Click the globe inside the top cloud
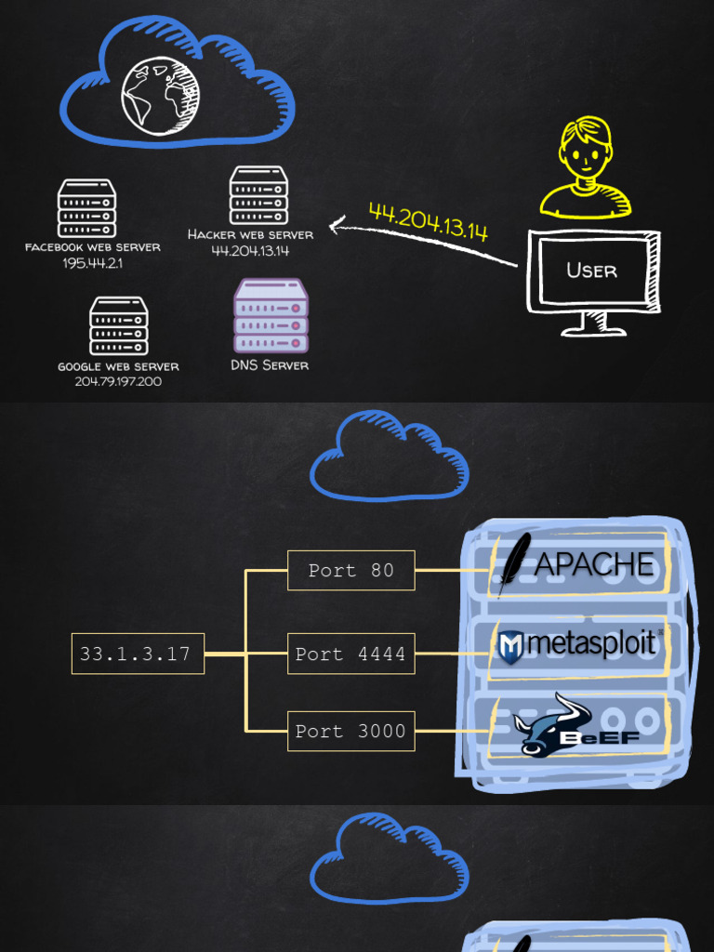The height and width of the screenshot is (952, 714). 159,96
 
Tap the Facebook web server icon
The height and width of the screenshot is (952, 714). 86,208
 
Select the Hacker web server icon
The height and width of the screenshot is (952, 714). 258,195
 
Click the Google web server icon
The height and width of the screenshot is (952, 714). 118,325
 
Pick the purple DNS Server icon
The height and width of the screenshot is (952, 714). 271,316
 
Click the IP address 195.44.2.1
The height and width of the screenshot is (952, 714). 93,264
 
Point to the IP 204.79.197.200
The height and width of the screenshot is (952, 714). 118,382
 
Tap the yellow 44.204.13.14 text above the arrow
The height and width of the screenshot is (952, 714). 429,221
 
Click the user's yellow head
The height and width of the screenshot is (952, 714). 586,149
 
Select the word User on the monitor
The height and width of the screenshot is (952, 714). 592,271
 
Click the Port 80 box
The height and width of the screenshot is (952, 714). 350,571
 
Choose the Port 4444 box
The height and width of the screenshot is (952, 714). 350,654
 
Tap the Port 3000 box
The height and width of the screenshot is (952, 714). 350,732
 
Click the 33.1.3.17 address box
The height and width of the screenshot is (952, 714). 138,654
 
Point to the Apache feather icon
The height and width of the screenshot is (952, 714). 513,562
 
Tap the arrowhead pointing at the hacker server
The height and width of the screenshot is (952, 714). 337,224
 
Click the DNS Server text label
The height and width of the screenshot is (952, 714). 270,365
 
